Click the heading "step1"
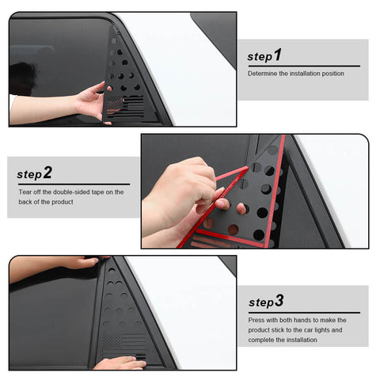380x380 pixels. [264, 56]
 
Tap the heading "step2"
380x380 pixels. [35, 173]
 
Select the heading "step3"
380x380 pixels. [265, 302]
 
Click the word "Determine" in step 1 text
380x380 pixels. [261, 74]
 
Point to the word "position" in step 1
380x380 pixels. [330, 74]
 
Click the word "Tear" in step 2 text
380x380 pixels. [25, 191]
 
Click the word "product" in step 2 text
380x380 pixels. [74, 202]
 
